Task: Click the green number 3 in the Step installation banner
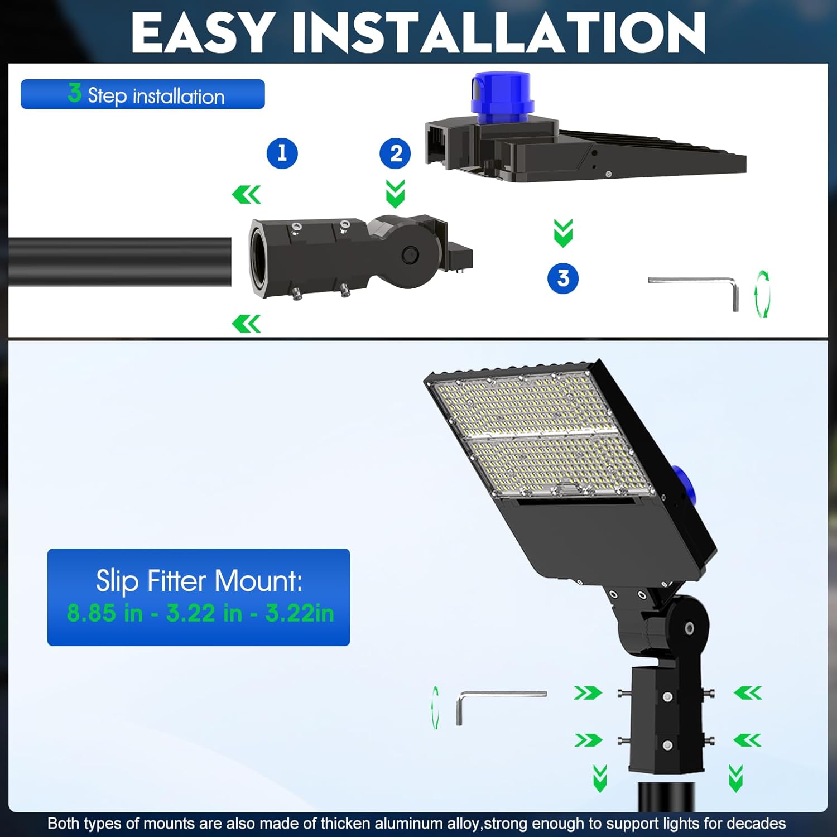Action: tap(74, 93)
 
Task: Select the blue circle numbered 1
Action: tap(282, 153)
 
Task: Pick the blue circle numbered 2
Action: tap(395, 153)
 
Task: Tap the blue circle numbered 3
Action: tap(562, 278)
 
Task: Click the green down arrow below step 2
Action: tap(395, 193)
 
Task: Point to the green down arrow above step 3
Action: tap(563, 233)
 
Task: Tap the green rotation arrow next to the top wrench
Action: tap(762, 294)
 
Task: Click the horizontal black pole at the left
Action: tap(119, 262)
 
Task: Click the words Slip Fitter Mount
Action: tap(199, 581)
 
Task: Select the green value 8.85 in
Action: tap(104, 613)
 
